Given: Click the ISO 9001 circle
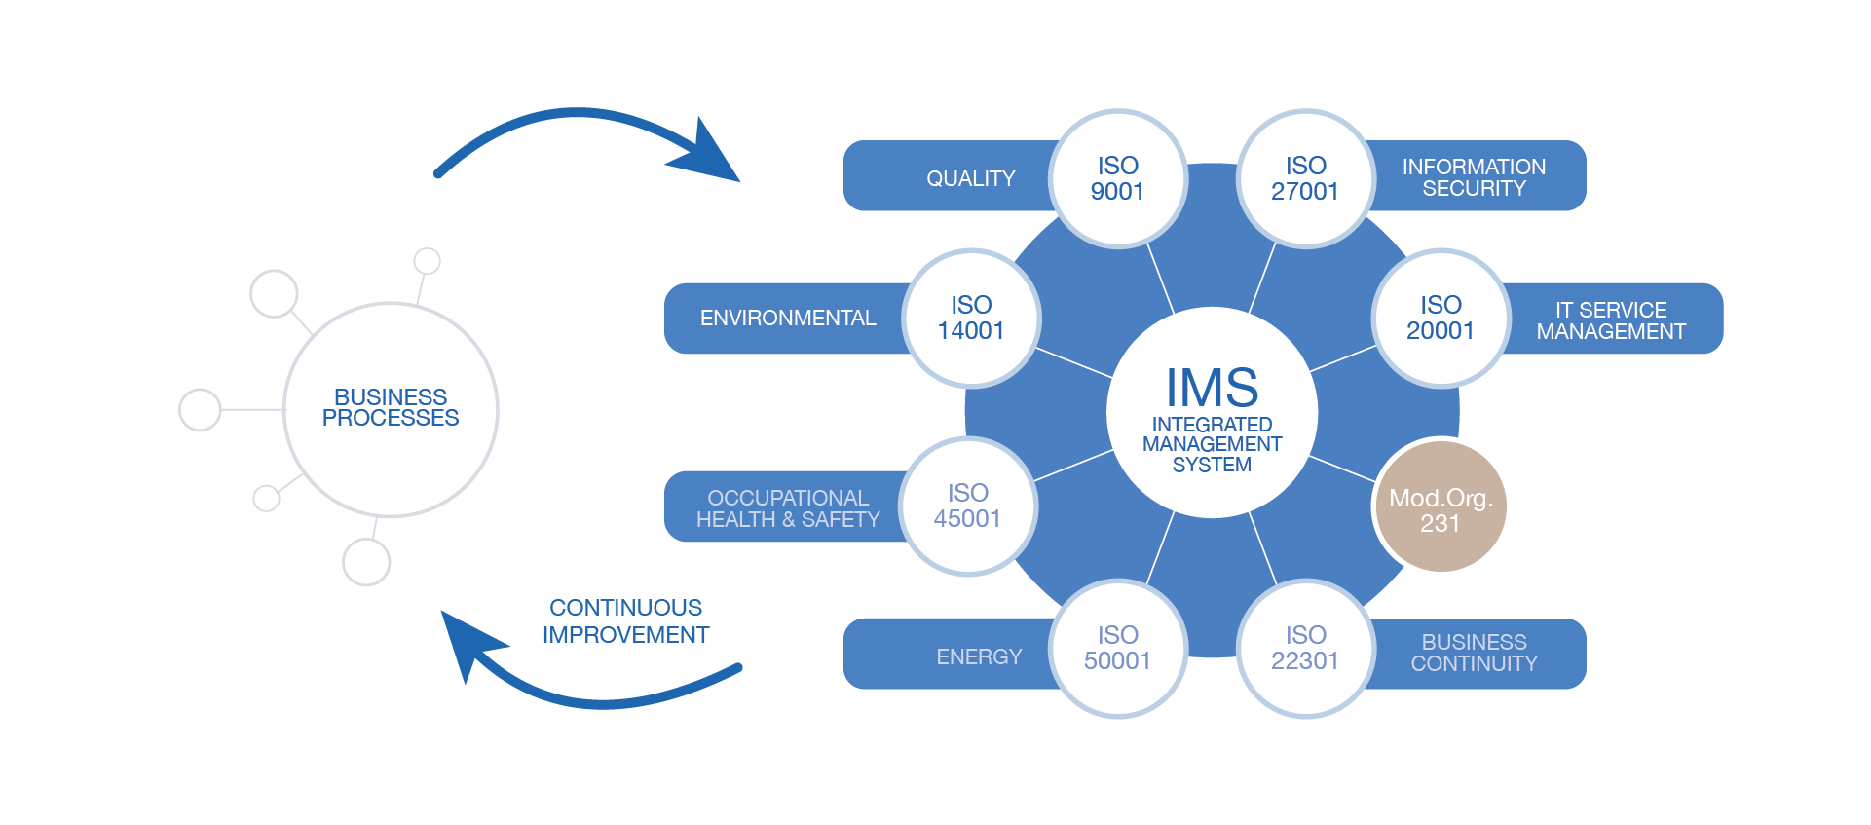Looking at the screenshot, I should click(x=1117, y=178).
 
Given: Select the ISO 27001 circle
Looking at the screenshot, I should click(x=1305, y=178).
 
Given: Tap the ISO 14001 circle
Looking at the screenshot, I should click(x=971, y=319).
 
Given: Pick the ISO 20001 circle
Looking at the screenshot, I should click(x=1441, y=319).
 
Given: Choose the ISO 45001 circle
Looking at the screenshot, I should click(x=968, y=506).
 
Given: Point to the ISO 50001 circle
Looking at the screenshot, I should click(x=1117, y=649).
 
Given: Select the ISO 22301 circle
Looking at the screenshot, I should click(x=1305, y=649).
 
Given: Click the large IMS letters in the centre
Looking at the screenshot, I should click(x=1212, y=388).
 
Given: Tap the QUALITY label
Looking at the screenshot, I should click(x=970, y=179).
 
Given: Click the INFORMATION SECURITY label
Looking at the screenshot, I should click(x=1474, y=178).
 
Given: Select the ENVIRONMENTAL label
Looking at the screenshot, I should click(x=788, y=319).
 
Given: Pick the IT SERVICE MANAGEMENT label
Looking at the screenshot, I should click(x=1611, y=321).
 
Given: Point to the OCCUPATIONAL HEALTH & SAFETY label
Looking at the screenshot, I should click(x=788, y=509).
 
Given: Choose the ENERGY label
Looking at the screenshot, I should click(x=979, y=657).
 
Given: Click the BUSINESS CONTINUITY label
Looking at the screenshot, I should click(x=1474, y=654).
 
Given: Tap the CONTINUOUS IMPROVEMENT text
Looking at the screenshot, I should click(x=625, y=621).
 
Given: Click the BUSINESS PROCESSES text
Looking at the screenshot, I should click(x=391, y=408).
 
